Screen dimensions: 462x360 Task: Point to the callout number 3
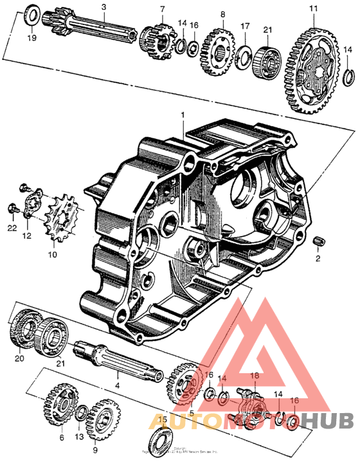click(103, 6)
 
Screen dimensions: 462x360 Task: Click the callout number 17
click(244, 26)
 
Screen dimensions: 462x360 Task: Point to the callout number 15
click(163, 420)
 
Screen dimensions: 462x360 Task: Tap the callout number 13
click(80, 437)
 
